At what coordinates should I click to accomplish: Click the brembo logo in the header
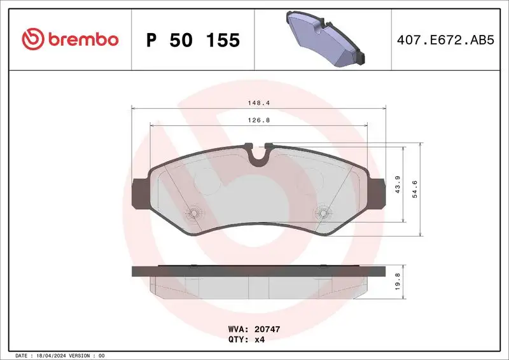pos(70,39)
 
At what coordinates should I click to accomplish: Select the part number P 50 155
pos(193,40)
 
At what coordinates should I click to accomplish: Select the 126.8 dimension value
pos(257,119)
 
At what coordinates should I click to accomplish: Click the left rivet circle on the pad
pos(193,213)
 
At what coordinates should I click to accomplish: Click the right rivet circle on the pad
pos(323,213)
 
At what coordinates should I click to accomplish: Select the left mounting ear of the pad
pos(139,192)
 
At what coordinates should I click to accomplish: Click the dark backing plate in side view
pos(258,271)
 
